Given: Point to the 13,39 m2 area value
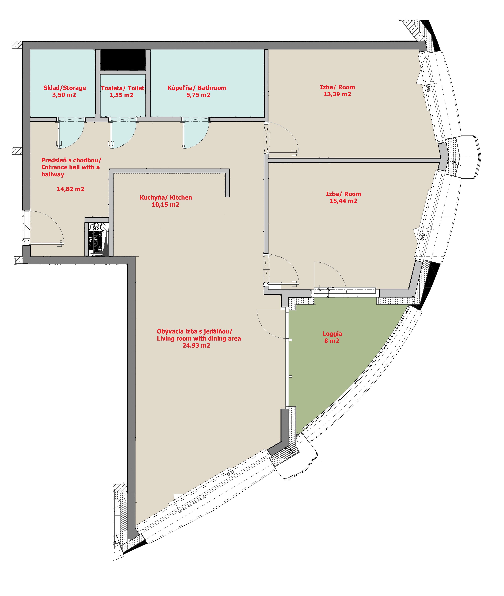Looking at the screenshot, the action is tap(337, 94).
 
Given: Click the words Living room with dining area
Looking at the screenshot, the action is tap(199, 339).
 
